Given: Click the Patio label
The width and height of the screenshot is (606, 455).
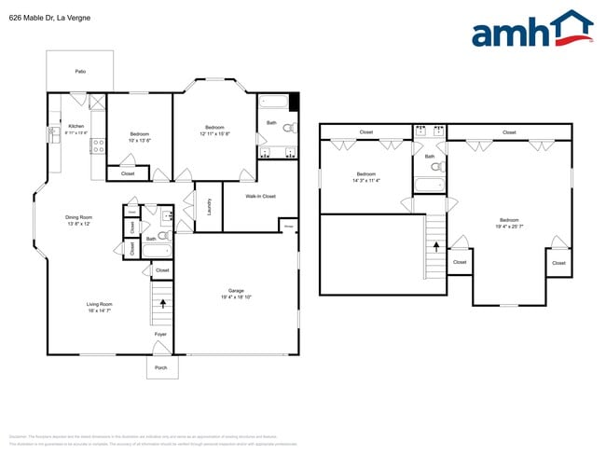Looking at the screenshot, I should coord(80,71).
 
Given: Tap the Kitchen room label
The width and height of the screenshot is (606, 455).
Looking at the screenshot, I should coord(76,126).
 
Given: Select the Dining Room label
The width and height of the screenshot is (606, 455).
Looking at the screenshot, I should coord(78,217).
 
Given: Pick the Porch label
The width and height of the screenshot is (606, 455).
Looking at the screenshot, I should coord(160,368).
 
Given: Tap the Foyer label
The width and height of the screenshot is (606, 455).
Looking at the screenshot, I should coord(160,334).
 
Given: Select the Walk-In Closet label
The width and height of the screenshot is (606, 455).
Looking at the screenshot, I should coord(260,196).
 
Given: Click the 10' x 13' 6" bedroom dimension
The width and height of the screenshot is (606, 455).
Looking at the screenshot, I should coord(139,140).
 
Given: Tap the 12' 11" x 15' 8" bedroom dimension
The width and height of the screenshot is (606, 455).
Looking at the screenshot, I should coord(214,133).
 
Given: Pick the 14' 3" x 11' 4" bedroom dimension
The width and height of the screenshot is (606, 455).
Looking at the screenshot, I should coord(366,181).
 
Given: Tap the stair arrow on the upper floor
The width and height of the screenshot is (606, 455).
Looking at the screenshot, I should coord(435,246).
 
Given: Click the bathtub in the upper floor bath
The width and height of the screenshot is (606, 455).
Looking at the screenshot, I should coord(430,186).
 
